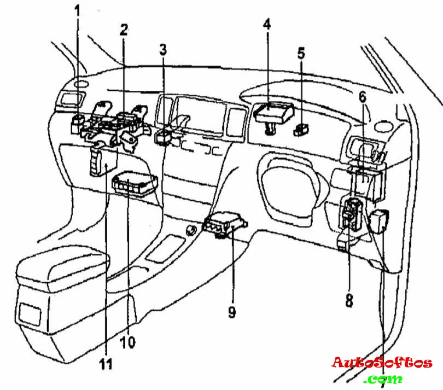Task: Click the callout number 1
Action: (77, 10)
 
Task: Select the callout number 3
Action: (162, 50)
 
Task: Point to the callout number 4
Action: (266, 25)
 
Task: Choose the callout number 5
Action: (301, 54)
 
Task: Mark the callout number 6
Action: (362, 97)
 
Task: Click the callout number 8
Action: (349, 299)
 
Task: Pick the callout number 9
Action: (232, 312)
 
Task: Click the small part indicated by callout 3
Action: (164, 136)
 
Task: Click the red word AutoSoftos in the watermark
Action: (382, 362)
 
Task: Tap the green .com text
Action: (384, 379)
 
